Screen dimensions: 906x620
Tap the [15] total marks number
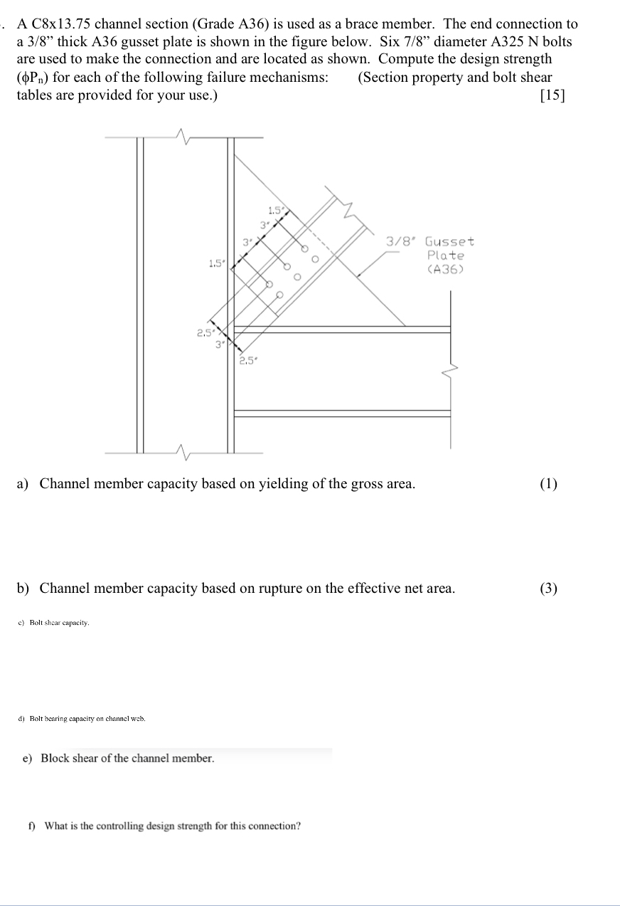(x=552, y=95)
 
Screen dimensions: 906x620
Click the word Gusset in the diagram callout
(x=449, y=242)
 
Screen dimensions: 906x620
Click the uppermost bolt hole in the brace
(x=304, y=249)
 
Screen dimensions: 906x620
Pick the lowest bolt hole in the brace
(x=279, y=295)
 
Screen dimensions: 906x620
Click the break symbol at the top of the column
(x=186, y=137)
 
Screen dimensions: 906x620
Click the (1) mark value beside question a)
(x=548, y=485)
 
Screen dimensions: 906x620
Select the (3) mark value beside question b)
(x=548, y=589)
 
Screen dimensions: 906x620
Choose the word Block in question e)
(x=56, y=759)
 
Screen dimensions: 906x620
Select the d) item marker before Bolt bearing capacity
(x=21, y=719)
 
